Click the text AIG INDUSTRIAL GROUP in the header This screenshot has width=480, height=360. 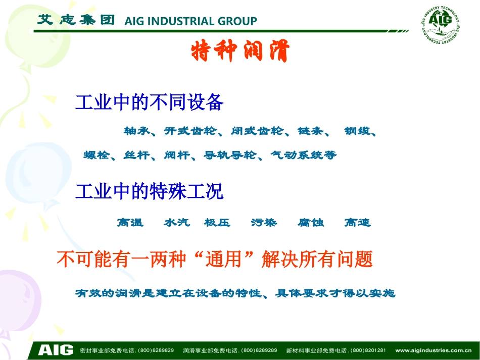click(x=190, y=21)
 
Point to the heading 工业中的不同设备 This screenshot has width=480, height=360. click(x=149, y=102)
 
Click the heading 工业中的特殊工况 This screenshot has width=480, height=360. click(x=149, y=191)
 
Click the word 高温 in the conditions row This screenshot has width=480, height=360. click(x=130, y=222)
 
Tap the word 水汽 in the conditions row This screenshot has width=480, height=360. click(x=177, y=222)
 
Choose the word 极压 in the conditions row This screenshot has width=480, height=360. click(x=217, y=222)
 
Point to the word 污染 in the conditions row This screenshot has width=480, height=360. click(x=264, y=222)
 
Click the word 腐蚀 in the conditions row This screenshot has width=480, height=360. click(x=311, y=222)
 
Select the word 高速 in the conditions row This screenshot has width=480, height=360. click(x=357, y=222)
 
